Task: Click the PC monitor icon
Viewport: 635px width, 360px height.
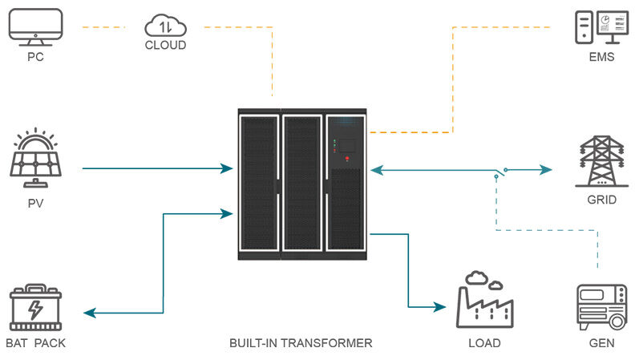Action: [x=35, y=27]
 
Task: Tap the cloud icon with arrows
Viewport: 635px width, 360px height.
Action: [x=166, y=26]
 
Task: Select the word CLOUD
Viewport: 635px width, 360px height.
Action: [x=166, y=45]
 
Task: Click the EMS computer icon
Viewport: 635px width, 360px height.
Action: [x=602, y=27]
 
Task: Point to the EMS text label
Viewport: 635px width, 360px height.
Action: [x=602, y=57]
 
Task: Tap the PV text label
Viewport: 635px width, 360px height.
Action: [x=35, y=204]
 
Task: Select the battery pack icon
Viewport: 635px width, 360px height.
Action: [x=35, y=307]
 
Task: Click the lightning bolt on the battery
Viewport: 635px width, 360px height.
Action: [x=35, y=309]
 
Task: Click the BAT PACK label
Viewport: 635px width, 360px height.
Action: [x=35, y=343]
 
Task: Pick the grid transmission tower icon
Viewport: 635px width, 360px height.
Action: [x=602, y=161]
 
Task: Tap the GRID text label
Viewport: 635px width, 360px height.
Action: [x=602, y=200]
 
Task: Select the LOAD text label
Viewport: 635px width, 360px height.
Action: [x=485, y=343]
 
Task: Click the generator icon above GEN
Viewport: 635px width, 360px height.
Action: [x=602, y=307]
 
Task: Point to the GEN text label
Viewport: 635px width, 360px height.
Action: [x=602, y=343]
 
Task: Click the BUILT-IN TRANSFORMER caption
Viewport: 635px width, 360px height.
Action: [x=301, y=343]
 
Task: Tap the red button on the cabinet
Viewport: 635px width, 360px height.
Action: [x=347, y=158]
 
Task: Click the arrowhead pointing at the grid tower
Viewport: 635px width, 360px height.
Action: [x=546, y=170]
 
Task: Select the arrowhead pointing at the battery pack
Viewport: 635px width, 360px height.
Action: [x=90, y=313]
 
